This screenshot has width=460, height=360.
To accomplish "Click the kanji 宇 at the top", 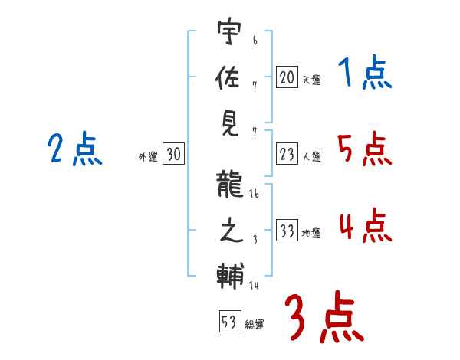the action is [x=230, y=31].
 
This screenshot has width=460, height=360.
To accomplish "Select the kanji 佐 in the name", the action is [x=228, y=77].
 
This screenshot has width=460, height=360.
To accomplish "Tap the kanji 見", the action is [x=230, y=123].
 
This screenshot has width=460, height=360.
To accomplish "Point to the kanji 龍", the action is [x=229, y=185].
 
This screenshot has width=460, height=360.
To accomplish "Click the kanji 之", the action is [x=231, y=230].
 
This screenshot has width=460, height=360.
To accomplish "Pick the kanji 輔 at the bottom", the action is [x=230, y=276].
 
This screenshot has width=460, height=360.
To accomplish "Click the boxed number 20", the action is [x=287, y=77].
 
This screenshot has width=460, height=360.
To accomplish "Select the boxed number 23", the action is [x=287, y=154].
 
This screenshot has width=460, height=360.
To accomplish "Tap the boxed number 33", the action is [x=287, y=230].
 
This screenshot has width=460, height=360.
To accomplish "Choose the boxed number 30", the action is [x=173, y=153].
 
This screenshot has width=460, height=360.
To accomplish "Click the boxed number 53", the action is [x=230, y=321].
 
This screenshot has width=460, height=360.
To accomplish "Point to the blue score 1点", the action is [x=365, y=71].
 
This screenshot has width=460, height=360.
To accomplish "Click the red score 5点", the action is [x=365, y=149].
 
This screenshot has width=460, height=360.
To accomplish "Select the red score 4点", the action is [x=366, y=225].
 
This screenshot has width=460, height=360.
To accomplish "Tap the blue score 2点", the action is [x=75, y=149].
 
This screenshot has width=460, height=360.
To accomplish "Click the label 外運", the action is [x=148, y=157].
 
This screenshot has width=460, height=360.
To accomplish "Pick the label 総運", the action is [x=255, y=325].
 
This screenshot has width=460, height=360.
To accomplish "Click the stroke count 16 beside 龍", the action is [x=254, y=194].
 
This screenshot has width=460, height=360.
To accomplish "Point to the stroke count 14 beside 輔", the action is [x=254, y=285].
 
